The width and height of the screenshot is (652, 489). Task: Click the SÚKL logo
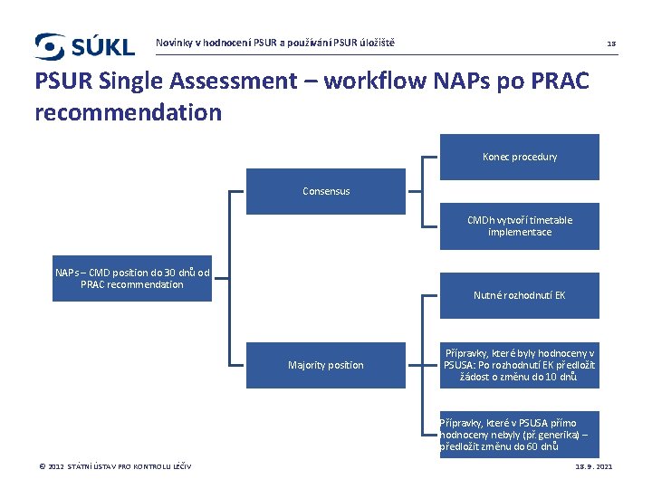[x=84, y=45]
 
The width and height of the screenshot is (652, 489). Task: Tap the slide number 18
[x=611, y=43]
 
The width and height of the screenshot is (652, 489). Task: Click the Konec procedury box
[x=520, y=157]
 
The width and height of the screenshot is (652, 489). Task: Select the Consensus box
[x=326, y=191]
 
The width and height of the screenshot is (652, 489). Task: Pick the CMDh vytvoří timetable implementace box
[x=520, y=225]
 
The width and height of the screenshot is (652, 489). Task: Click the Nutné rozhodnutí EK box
[x=520, y=295]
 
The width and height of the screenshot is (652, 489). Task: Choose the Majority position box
[x=326, y=365]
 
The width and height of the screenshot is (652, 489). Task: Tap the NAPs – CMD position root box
[x=132, y=278]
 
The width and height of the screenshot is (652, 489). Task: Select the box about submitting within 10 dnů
[x=520, y=365]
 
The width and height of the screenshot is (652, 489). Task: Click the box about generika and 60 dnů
[x=520, y=435]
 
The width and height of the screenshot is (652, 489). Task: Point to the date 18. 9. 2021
[x=594, y=466]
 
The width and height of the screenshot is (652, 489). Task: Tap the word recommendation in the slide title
[x=128, y=112]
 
